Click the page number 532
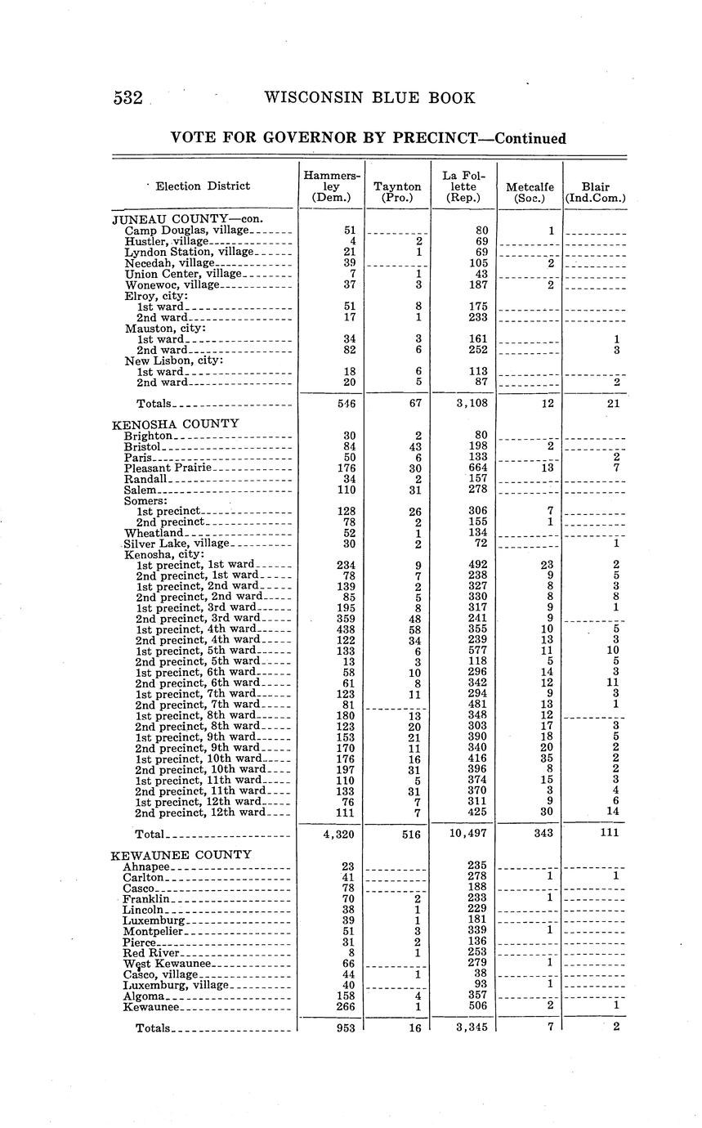tap(128, 98)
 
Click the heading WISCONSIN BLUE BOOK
tap(369, 98)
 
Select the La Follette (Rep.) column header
tap(463, 186)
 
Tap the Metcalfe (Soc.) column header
tap(530, 191)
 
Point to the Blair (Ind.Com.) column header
tap(595, 191)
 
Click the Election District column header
tap(203, 186)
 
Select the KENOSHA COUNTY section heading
tap(175, 423)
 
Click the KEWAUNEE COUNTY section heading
tap(181, 855)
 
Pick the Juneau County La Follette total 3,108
tap(464, 403)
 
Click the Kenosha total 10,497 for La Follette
tap(463, 833)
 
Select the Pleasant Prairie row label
tap(168, 468)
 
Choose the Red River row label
tap(150, 953)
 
